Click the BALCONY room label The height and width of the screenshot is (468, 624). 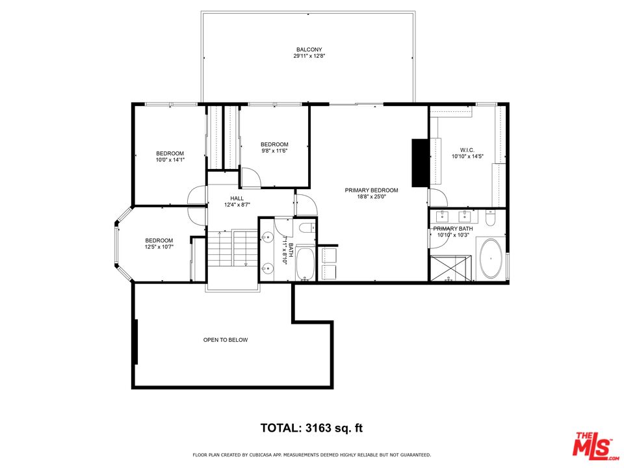coord(309,50)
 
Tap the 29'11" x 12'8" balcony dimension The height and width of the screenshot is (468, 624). coord(309,56)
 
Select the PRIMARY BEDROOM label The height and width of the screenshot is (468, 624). coord(371,190)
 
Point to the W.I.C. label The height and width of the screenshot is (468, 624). coord(467,150)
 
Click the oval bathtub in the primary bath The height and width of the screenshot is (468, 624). coord(491,259)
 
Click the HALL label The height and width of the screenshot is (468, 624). coord(237,198)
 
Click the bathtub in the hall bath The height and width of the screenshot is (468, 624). coord(305,263)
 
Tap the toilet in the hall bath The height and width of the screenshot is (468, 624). coord(307,228)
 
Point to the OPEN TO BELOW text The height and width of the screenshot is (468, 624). coord(226,340)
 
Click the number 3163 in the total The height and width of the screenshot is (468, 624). coord(318,428)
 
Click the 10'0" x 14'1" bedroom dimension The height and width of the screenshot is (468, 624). coord(170,160)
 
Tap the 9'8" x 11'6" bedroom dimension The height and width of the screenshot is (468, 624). coord(274,150)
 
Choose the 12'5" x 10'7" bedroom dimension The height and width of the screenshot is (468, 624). coord(159,247)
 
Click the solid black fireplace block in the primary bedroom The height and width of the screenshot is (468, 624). coord(420,162)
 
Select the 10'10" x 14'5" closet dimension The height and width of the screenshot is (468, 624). coord(467,157)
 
